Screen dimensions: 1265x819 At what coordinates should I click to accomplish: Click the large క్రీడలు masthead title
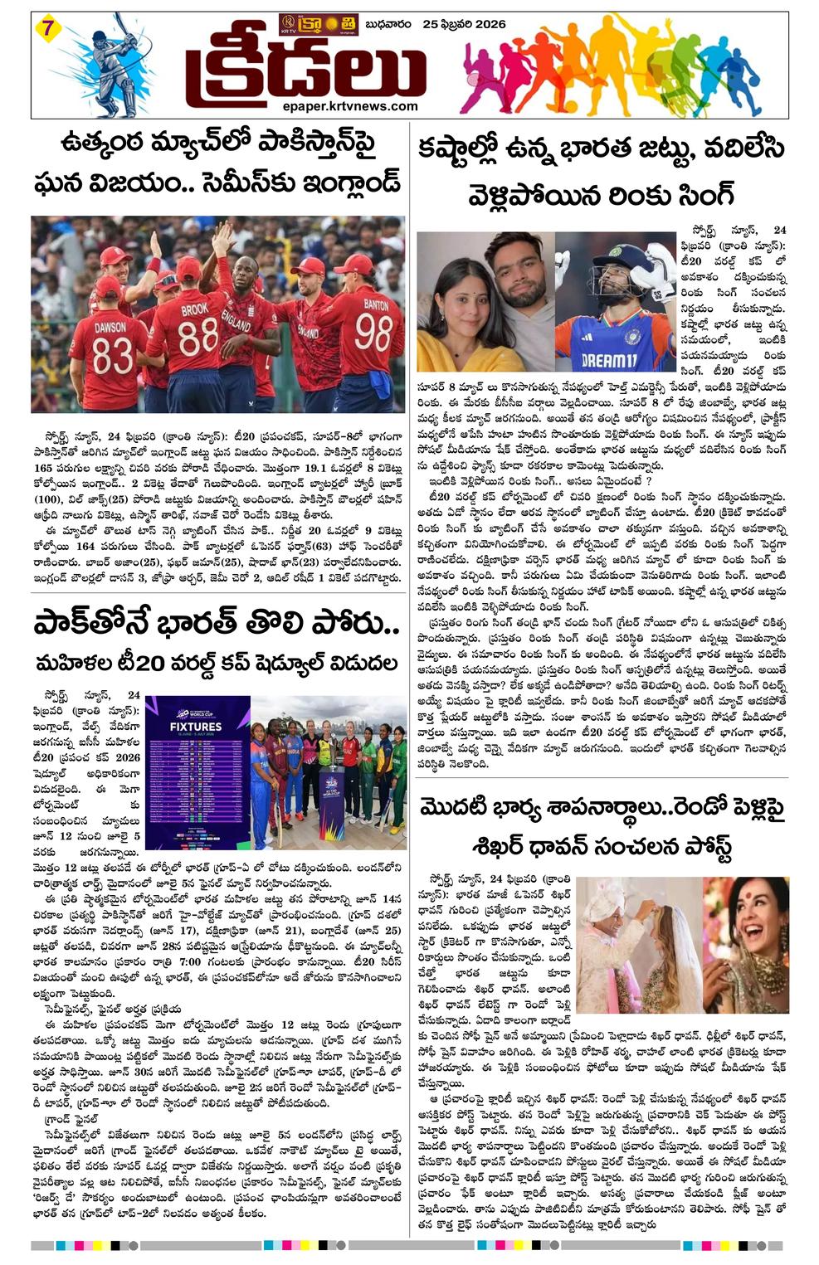click(x=304, y=71)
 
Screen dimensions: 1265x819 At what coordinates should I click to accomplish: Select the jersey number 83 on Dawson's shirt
click(x=111, y=357)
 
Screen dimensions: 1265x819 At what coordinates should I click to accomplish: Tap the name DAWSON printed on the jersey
click(x=110, y=328)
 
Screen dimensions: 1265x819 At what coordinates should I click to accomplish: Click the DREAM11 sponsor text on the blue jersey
click(x=608, y=360)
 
